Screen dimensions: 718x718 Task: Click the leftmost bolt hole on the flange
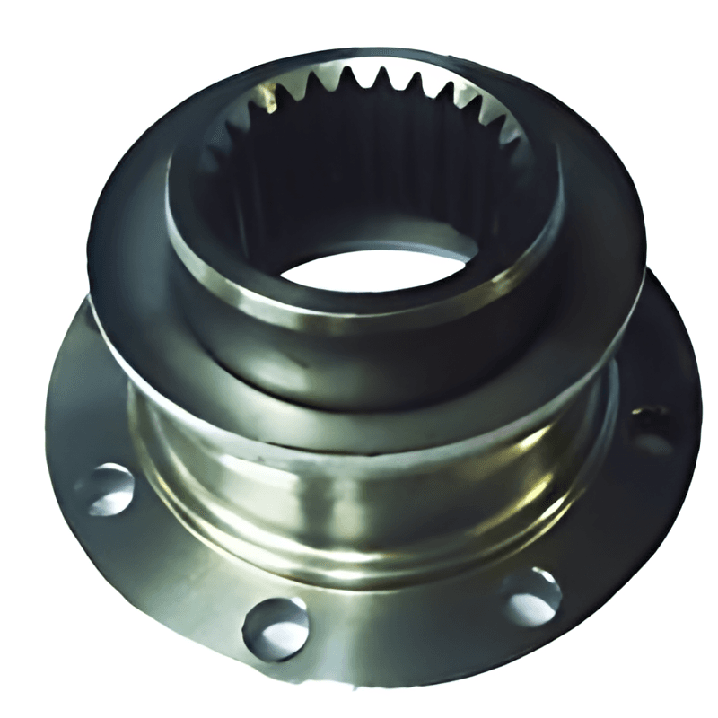coord(105,489)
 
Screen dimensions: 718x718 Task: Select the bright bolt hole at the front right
coord(532,595)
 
